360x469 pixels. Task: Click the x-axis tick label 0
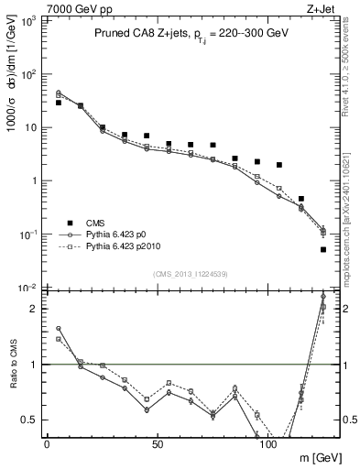pos(47,444)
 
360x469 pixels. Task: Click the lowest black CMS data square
pos(323,249)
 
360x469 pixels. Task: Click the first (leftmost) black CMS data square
pos(59,103)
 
